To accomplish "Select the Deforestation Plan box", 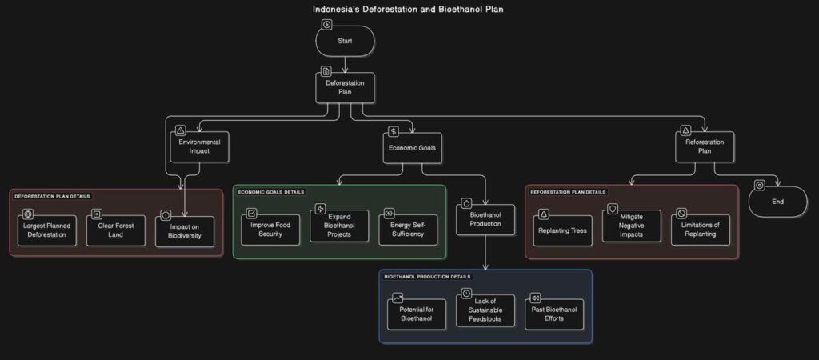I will click(x=345, y=86).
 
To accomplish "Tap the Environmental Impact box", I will click(x=199, y=146).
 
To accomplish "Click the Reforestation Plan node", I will click(x=704, y=146).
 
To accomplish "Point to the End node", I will click(x=777, y=202).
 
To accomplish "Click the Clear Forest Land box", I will click(x=116, y=230).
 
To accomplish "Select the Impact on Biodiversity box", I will click(x=185, y=232).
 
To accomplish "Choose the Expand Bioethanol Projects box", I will click(x=339, y=229).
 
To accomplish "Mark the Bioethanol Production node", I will click(x=485, y=218).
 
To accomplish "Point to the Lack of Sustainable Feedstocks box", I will click(x=485, y=312).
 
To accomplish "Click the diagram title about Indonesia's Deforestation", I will click(x=408, y=10).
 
